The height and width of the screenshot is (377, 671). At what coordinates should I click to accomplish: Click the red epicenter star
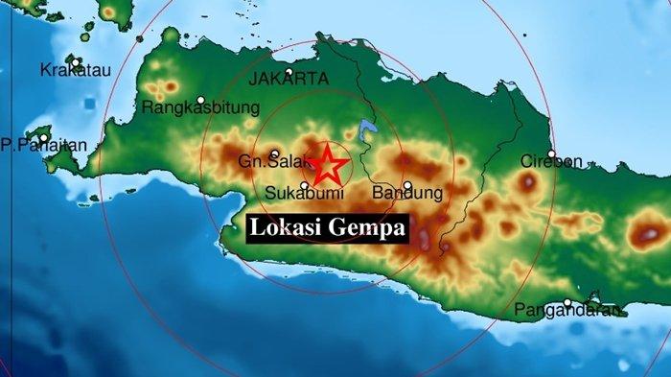(329, 165)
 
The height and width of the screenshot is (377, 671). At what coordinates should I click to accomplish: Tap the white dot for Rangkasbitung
(201, 100)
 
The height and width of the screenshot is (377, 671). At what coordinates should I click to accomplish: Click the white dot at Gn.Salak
(274, 154)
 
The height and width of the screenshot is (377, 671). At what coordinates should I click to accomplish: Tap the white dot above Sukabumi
(305, 185)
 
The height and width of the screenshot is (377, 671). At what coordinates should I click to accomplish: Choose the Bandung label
(413, 194)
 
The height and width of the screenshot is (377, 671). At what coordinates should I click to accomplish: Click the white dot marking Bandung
(407, 186)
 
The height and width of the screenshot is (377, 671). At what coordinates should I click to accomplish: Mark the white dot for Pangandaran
(567, 303)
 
